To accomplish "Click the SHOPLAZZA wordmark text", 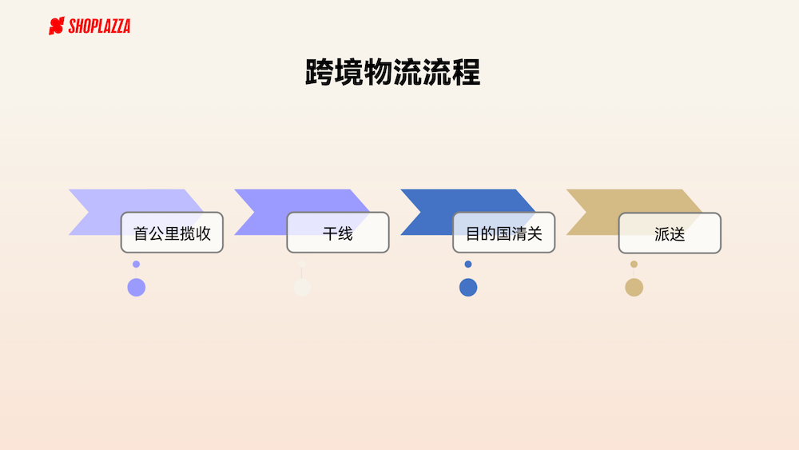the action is [x=99, y=26].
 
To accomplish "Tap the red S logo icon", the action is [x=57, y=26].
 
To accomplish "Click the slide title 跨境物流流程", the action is [x=392, y=72].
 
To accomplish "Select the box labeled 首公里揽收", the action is [x=173, y=233].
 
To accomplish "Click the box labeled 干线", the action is [x=338, y=233].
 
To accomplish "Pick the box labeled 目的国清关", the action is [x=504, y=233].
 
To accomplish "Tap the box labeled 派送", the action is [x=670, y=233].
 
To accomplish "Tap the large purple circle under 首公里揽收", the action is [x=137, y=288].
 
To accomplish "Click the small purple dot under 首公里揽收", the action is [x=136, y=264].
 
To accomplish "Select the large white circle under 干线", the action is [x=302, y=288].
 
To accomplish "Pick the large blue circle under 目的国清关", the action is [x=468, y=288].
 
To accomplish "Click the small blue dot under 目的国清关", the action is [x=468, y=264].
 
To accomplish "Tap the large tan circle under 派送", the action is [x=634, y=288].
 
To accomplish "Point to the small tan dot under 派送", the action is [x=634, y=264].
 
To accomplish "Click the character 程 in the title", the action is [x=466, y=72].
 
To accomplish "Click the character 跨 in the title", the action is [x=320, y=72].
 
